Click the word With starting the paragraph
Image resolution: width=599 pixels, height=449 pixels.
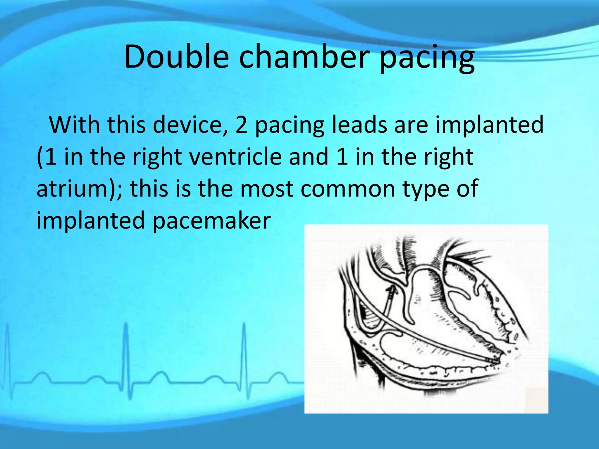click(74, 125)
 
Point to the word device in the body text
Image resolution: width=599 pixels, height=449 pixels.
click(190, 125)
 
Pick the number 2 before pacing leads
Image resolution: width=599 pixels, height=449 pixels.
click(241, 125)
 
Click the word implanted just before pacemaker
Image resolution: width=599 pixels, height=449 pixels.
click(91, 221)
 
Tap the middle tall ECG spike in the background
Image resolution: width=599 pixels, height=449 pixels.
click(126, 330)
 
